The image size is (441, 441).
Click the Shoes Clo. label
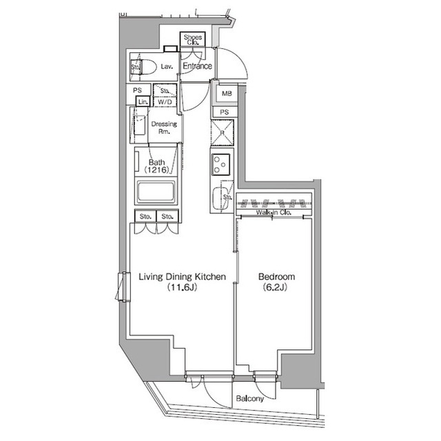click(192, 40)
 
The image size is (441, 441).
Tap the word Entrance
click(196, 67)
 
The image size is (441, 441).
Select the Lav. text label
click(166, 67)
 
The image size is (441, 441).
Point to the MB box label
click(225, 93)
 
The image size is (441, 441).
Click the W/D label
click(165, 101)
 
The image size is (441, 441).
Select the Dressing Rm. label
click(164, 128)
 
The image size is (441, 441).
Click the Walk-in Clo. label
click(274, 213)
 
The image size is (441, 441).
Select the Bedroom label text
click(276, 277)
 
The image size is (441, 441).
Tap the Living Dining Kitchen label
click(182, 277)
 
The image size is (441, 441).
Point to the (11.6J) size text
click(182, 288)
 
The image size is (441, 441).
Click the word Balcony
click(249, 398)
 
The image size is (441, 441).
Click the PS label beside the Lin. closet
click(138, 90)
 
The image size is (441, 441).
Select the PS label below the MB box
click(225, 112)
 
